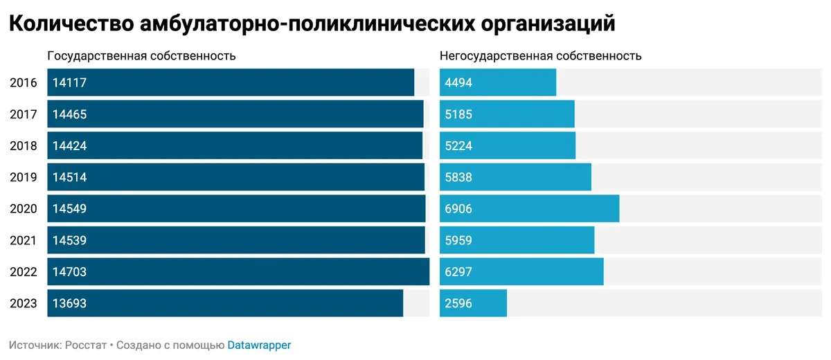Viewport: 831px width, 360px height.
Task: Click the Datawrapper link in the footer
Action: (x=259, y=345)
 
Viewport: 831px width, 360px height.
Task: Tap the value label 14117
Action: (x=69, y=83)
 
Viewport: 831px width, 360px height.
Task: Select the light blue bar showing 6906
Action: (x=529, y=208)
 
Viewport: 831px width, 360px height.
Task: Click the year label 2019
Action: (x=24, y=177)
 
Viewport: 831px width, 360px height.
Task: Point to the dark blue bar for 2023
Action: (x=225, y=303)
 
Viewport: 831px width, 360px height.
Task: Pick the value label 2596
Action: (x=458, y=303)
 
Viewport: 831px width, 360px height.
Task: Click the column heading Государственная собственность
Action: (x=141, y=56)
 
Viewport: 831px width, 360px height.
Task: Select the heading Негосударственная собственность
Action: (x=540, y=56)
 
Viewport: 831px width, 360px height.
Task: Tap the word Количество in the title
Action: (x=71, y=24)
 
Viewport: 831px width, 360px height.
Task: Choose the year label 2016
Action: (x=24, y=83)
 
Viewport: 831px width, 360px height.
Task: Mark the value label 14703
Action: (x=69, y=272)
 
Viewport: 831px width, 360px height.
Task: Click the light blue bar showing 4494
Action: (x=498, y=83)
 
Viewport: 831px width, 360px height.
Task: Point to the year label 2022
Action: (x=24, y=272)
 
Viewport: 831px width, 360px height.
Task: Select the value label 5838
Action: (x=458, y=177)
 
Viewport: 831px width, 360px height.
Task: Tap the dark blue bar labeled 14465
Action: (x=235, y=114)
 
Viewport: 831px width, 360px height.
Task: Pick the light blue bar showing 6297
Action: (x=521, y=272)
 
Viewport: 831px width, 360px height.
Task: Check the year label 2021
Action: (x=24, y=240)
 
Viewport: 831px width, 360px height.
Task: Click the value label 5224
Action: (x=458, y=146)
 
